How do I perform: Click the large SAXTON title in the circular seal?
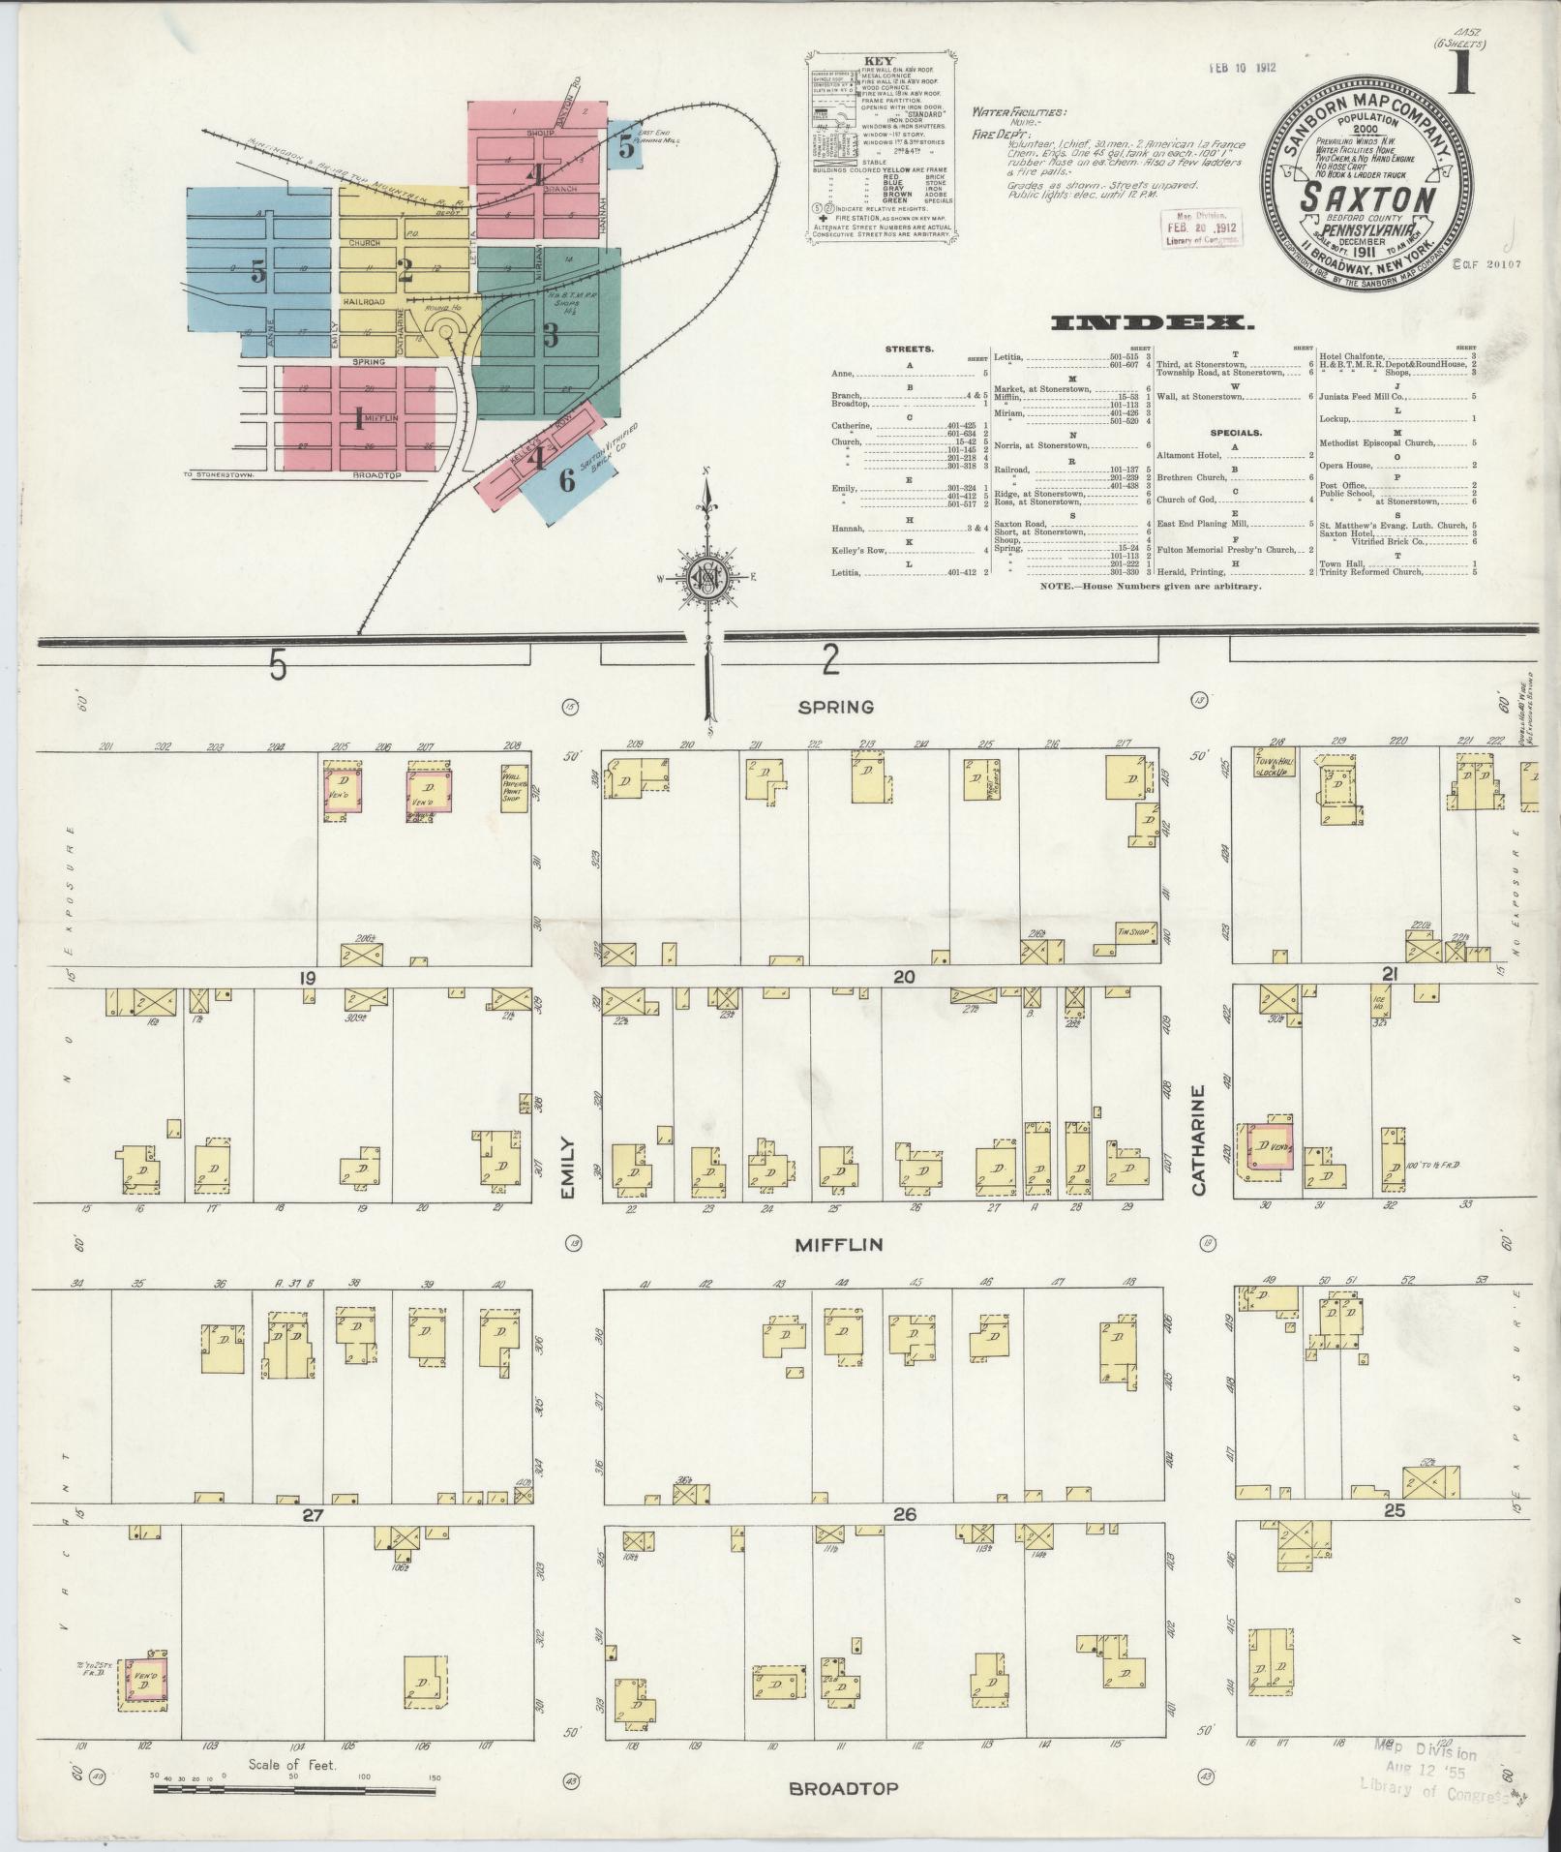[1366, 197]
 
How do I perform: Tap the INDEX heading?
[1147, 322]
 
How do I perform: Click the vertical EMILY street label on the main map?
[569, 1169]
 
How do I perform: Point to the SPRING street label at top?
[835, 707]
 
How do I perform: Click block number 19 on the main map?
[307, 979]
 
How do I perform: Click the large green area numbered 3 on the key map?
[550, 334]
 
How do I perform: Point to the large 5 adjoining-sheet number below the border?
[278, 665]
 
